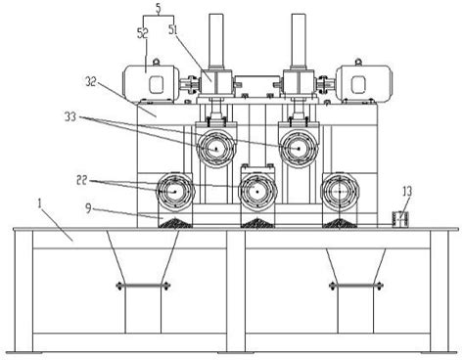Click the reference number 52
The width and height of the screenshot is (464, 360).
[x=143, y=33]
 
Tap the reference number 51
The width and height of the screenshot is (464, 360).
[x=173, y=30]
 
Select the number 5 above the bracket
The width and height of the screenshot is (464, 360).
[x=159, y=9]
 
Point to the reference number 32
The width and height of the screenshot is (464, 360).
[x=91, y=81]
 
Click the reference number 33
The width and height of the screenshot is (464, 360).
[x=70, y=116]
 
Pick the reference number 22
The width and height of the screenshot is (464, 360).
[x=82, y=180]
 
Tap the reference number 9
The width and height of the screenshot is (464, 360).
[x=88, y=208]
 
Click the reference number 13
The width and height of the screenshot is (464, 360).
[x=407, y=192]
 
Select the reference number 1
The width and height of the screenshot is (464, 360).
[x=39, y=204]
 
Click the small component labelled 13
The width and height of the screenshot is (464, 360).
[x=400, y=219]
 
